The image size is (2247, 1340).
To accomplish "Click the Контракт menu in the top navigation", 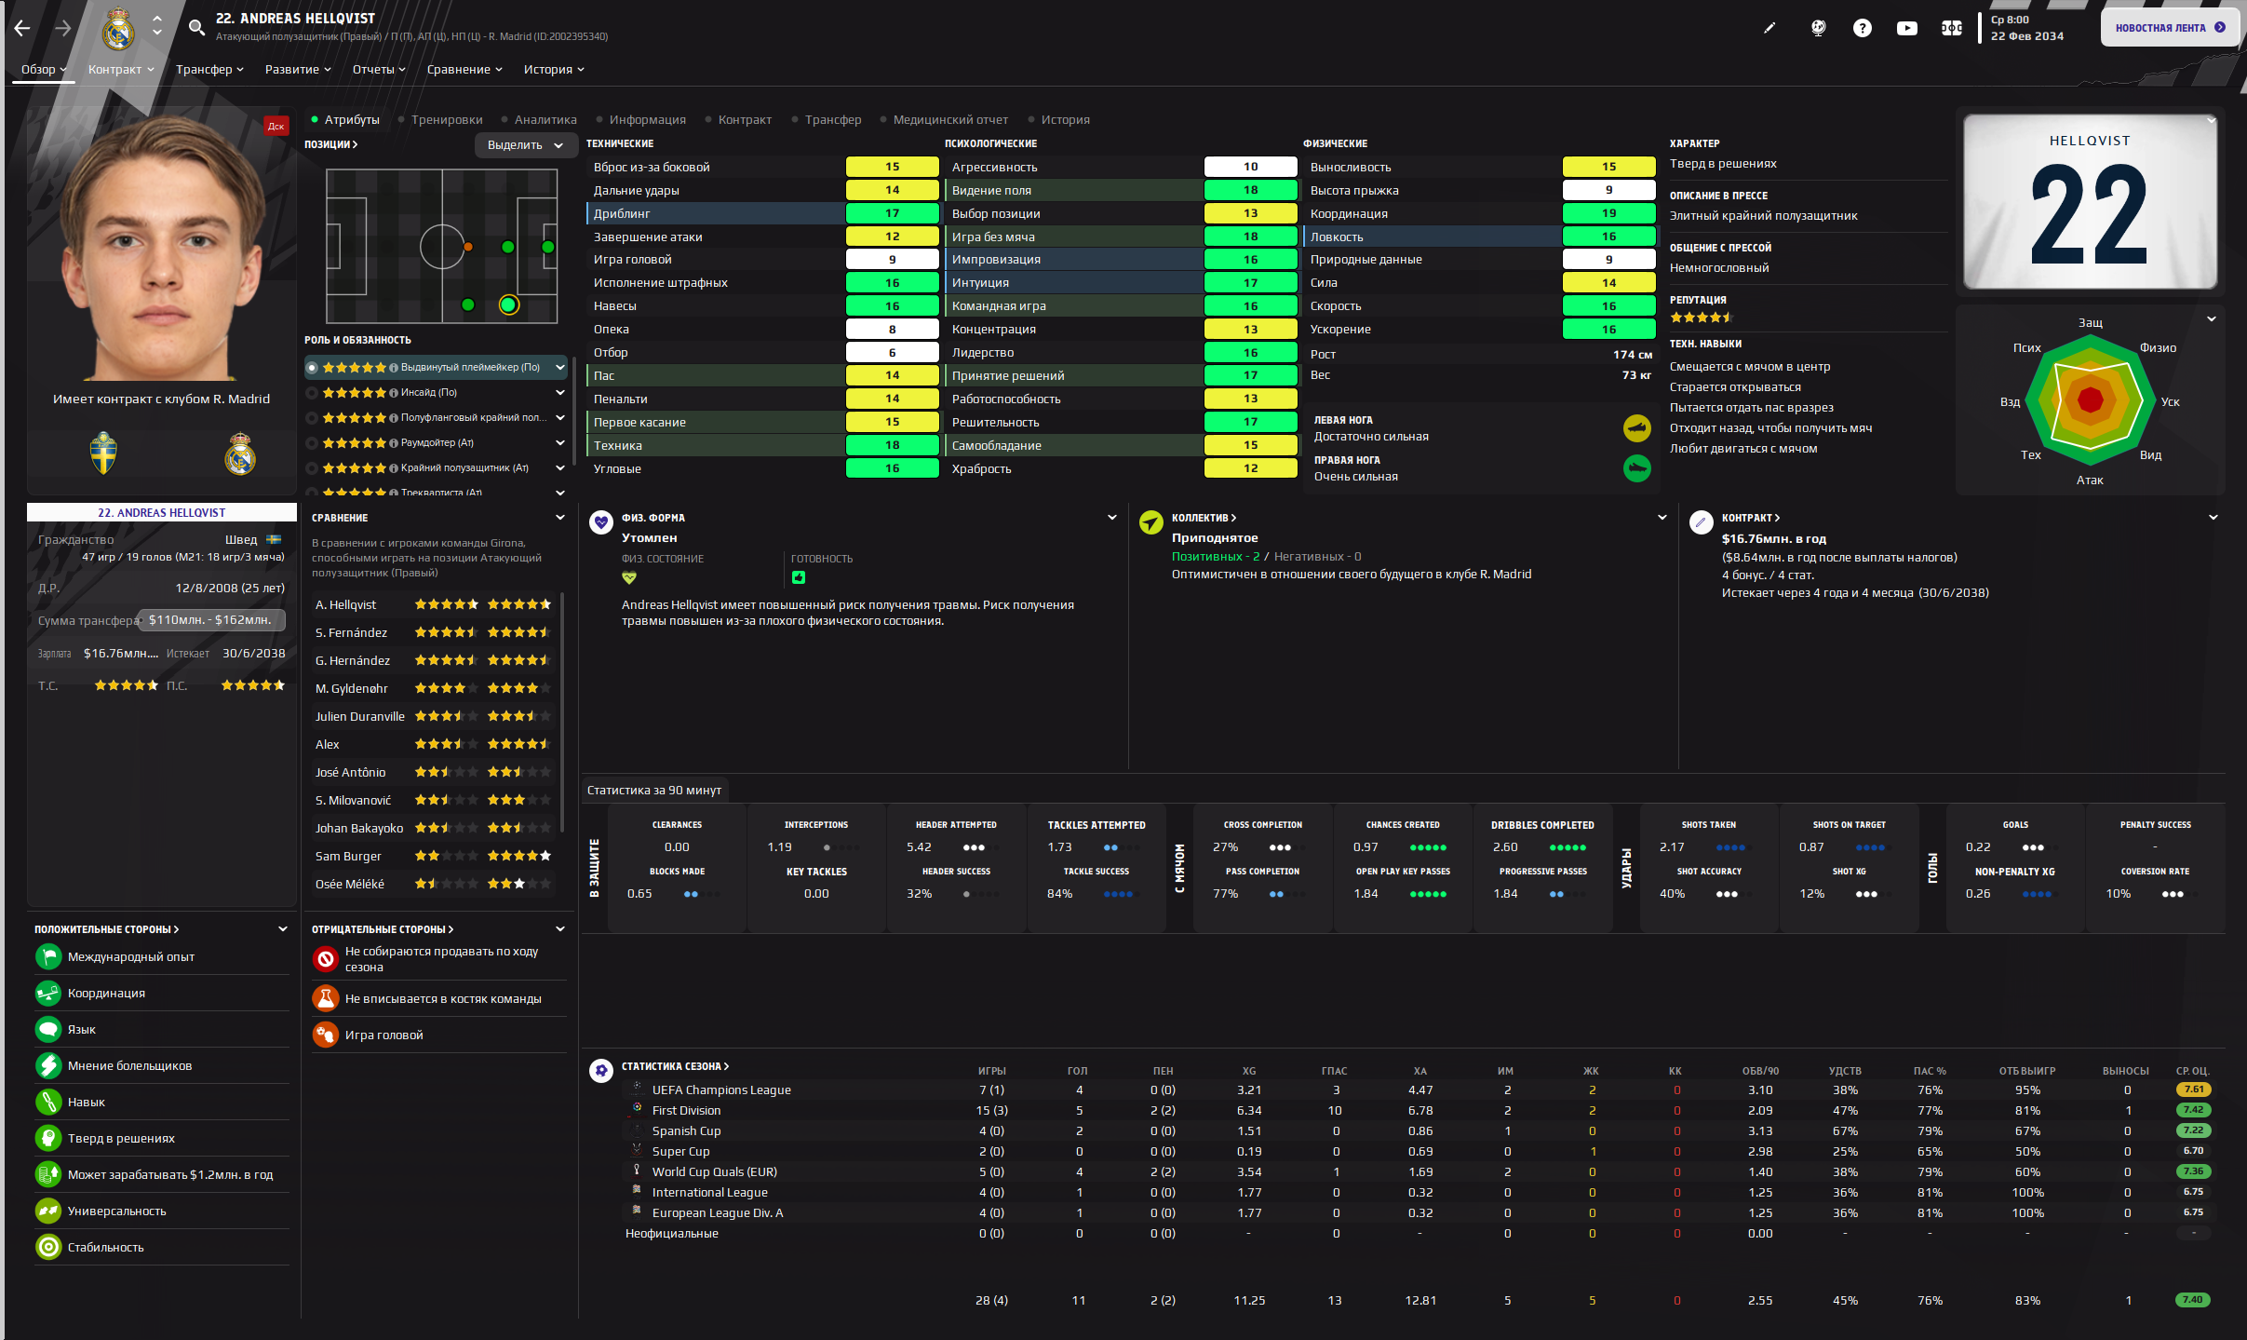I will (120, 70).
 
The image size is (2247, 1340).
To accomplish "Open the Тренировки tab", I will (447, 120).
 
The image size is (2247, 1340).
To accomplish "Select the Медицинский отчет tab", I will (949, 120).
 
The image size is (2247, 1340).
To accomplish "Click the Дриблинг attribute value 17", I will (892, 214).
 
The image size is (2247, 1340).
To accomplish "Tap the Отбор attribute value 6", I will (892, 353).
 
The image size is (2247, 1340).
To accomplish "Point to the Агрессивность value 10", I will (1250, 168).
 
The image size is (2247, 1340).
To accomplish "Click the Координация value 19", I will (1608, 214).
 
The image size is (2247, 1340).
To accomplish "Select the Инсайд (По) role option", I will (429, 393).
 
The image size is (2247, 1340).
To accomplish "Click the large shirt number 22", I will (2089, 217).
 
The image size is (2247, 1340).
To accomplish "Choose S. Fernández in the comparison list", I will (351, 633).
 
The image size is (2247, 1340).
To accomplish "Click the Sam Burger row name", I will (348, 857).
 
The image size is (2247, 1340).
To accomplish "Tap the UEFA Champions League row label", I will (721, 1090).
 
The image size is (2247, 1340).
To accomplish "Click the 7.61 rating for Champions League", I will (2193, 1090).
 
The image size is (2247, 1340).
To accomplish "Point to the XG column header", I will (1249, 1071).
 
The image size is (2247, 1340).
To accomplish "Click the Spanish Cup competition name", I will (686, 1131).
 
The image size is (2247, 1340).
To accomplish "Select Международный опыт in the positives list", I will (131, 957).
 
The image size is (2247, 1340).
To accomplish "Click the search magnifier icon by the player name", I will (196, 28).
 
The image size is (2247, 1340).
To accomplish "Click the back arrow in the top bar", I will (22, 28).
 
